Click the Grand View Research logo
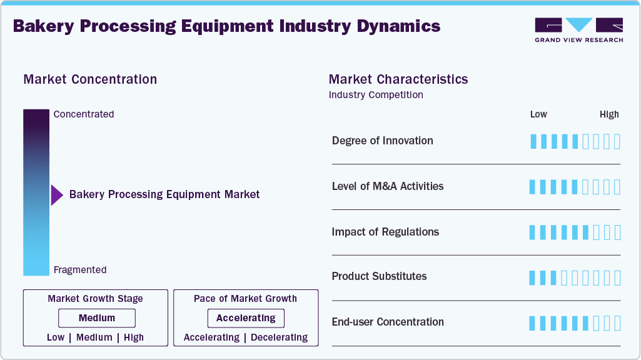point(578,29)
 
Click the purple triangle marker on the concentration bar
point(56,195)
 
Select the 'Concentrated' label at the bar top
point(84,114)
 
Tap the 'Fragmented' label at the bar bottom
point(80,270)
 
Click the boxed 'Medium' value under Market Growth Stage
point(96,318)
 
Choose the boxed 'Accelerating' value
point(246,318)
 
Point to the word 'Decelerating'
point(279,337)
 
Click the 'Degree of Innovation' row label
point(382,141)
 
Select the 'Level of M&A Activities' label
point(387,186)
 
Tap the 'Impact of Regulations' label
point(385,232)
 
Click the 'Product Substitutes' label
point(379,276)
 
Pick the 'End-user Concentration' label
point(388,322)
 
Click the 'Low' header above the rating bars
point(538,114)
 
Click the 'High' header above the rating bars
point(609,114)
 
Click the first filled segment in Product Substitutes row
point(533,277)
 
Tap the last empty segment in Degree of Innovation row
point(617,141)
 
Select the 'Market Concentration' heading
point(90,79)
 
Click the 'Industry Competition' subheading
point(376,95)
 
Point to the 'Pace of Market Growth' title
point(245,299)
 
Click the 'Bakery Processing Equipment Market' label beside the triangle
point(164,194)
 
